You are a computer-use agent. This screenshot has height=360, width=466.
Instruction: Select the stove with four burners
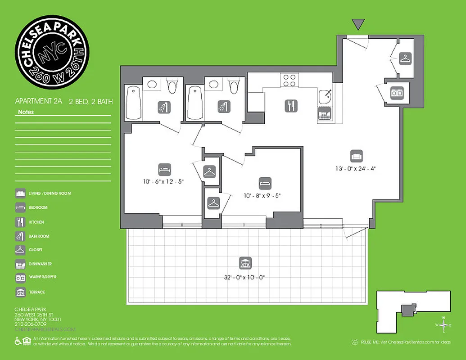pos(290,81)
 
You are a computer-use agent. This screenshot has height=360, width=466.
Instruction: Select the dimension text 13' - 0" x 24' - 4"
pos(356,169)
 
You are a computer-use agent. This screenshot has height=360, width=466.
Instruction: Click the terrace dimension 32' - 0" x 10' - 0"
pos(245,277)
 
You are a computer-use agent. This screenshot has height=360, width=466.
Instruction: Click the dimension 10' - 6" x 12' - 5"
pos(164,182)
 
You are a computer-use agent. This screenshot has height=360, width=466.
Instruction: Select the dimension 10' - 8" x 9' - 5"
pos(265,196)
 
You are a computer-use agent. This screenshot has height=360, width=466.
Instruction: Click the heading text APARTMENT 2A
pos(39,102)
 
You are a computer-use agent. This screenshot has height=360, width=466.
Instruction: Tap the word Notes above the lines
pos(26,112)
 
